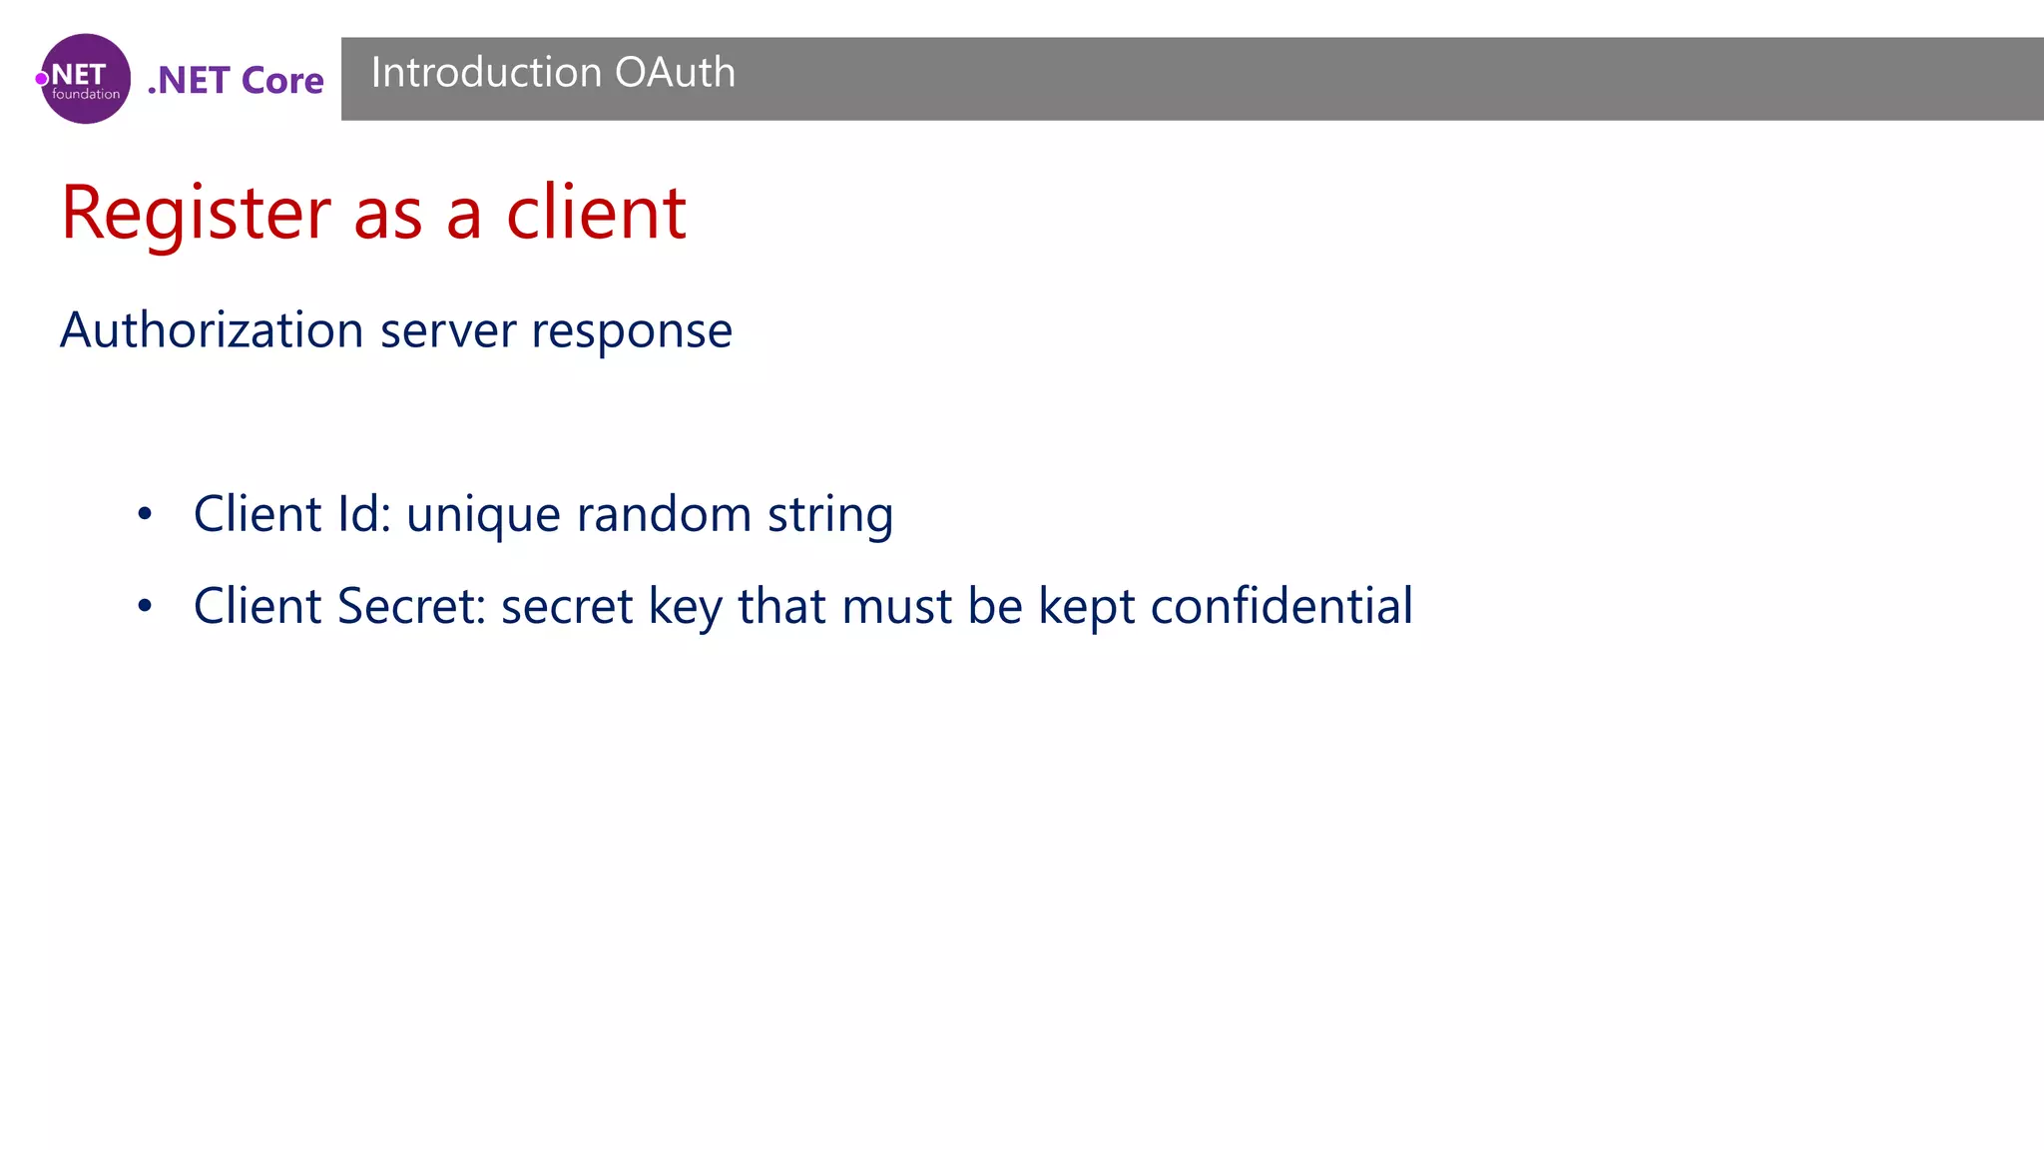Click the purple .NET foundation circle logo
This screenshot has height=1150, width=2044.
[86, 79]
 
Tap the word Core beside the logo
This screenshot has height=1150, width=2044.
[282, 81]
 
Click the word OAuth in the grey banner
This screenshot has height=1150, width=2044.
[675, 73]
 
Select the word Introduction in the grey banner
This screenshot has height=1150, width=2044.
[486, 73]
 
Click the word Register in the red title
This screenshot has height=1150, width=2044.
[196, 213]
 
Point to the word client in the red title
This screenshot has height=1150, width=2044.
[596, 213]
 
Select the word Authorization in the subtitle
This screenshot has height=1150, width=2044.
[212, 330]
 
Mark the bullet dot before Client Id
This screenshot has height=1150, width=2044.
[146, 514]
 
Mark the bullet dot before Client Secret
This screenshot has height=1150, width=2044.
[146, 605]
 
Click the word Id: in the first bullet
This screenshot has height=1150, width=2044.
[364, 514]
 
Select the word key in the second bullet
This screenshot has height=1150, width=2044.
[685, 607]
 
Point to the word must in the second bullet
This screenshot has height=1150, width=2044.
[896, 606]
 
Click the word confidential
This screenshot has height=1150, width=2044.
[1281, 606]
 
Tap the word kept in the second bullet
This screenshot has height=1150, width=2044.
[1086, 607]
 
